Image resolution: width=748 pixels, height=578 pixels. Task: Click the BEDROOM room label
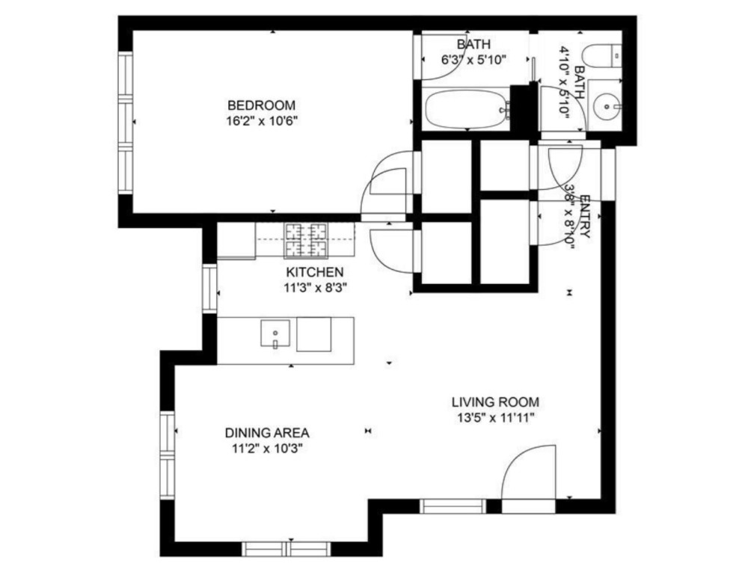point(261,105)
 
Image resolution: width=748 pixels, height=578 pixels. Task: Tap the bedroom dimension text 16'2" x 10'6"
point(262,121)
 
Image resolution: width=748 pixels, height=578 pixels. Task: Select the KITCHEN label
point(314,272)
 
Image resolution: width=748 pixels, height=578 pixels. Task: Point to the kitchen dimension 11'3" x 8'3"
point(315,288)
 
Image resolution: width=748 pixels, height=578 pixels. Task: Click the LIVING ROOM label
point(495,402)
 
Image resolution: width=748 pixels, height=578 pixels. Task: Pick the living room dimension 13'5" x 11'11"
point(495,418)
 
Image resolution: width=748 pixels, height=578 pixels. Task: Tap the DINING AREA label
point(267,433)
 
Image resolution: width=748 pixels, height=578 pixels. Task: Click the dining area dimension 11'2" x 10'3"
point(268,449)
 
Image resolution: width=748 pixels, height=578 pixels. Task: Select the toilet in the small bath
point(602,56)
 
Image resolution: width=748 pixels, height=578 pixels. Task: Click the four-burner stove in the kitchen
point(306,239)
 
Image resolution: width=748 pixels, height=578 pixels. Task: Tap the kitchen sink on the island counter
point(275,333)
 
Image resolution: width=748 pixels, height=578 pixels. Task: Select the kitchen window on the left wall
point(210,289)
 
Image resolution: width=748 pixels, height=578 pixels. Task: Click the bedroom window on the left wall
point(126,123)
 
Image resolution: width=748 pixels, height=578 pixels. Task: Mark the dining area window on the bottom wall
point(286,549)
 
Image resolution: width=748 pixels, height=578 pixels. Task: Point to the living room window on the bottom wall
point(453,506)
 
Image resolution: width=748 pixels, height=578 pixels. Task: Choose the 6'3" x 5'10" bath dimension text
point(473,60)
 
